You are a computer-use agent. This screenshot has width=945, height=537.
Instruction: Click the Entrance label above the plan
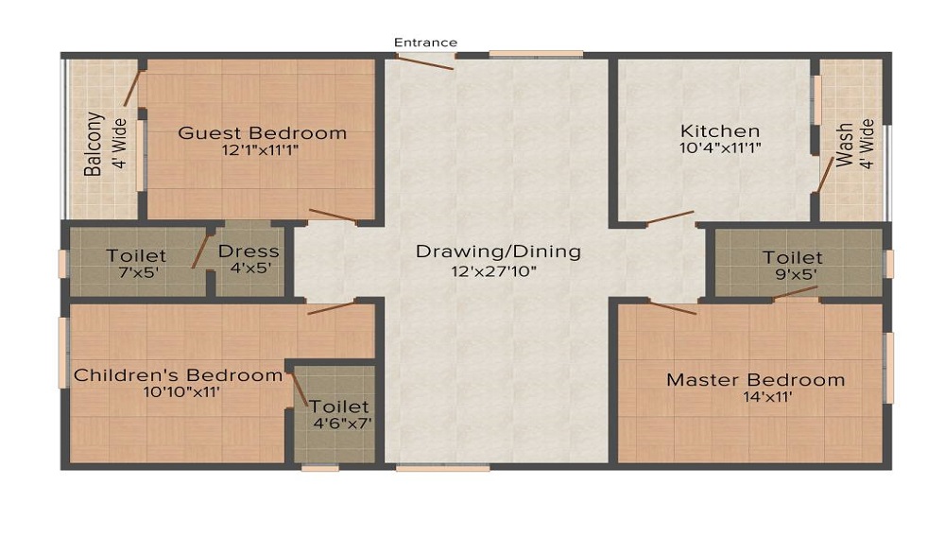pyautogui.click(x=425, y=43)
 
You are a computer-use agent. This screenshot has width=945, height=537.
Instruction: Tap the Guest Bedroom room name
pyautogui.click(x=262, y=132)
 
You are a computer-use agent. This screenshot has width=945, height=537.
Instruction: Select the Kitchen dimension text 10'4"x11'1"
pyautogui.click(x=720, y=147)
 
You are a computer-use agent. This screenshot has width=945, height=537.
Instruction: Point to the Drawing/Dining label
pyautogui.click(x=498, y=251)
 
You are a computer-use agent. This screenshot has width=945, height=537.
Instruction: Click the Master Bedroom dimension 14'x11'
pyautogui.click(x=767, y=396)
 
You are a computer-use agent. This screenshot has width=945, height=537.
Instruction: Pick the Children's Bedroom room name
pyautogui.click(x=178, y=375)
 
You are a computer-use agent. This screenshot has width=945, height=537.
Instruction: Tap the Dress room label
pyautogui.click(x=249, y=251)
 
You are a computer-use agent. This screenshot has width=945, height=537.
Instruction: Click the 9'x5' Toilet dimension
pyautogui.click(x=796, y=274)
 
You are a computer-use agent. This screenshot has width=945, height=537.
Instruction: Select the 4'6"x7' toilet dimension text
pyautogui.click(x=342, y=423)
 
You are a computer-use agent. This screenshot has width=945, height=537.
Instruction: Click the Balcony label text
pyautogui.click(x=93, y=144)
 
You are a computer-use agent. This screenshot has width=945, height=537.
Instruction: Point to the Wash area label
pyautogui.click(x=844, y=146)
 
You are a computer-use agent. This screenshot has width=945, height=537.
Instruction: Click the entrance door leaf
pyautogui.click(x=425, y=62)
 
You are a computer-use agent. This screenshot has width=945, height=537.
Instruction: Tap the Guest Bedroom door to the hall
pyautogui.click(x=334, y=217)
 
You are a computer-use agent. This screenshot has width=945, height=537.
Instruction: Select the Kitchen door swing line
pyautogui.click(x=670, y=217)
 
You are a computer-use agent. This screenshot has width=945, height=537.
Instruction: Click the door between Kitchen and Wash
pyautogui.click(x=825, y=174)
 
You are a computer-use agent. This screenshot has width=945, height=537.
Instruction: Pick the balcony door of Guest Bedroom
pyautogui.click(x=132, y=88)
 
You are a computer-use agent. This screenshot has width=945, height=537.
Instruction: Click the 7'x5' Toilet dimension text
pyautogui.click(x=139, y=272)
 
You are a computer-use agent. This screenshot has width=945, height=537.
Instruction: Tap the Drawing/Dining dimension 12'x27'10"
pyautogui.click(x=494, y=271)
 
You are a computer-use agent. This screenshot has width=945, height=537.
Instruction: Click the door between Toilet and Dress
pyautogui.click(x=200, y=251)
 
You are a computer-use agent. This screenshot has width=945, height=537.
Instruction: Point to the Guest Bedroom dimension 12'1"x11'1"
pyautogui.click(x=261, y=149)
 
